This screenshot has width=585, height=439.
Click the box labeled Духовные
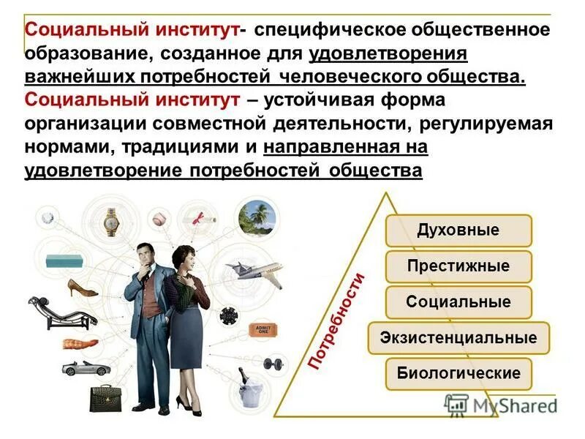click(x=458, y=230)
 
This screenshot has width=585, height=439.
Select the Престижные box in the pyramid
click(x=458, y=266)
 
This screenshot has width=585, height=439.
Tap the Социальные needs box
click(x=458, y=301)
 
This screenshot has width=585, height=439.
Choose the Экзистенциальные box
click(x=458, y=337)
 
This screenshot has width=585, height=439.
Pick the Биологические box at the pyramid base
click(x=458, y=373)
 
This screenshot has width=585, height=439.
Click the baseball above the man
click(x=160, y=218)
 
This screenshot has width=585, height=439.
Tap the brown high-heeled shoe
click(x=83, y=288)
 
